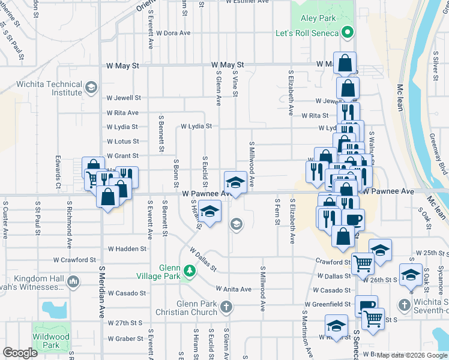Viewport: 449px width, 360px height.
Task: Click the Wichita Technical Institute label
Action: pyautogui.click(x=49, y=88)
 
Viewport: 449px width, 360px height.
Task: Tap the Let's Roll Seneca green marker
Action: pyautogui.click(x=346, y=32)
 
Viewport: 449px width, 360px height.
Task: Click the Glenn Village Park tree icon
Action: pyautogui.click(x=190, y=271)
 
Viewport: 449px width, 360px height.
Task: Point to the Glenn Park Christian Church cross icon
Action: pyautogui.click(x=226, y=308)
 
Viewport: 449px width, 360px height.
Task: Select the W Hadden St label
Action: pyautogui.click(x=127, y=248)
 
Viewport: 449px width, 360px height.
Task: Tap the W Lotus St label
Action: pyautogui.click(x=122, y=142)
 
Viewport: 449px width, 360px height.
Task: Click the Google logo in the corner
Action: pyautogui.click(x=19, y=353)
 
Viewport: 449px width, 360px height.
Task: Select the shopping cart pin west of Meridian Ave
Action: pyautogui.click(x=92, y=178)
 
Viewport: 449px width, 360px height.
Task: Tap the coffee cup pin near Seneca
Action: pyautogui.click(x=354, y=219)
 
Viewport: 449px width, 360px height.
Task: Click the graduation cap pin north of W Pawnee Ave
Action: pyautogui.click(x=235, y=181)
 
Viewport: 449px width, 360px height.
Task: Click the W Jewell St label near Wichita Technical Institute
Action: pyautogui.click(x=123, y=98)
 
